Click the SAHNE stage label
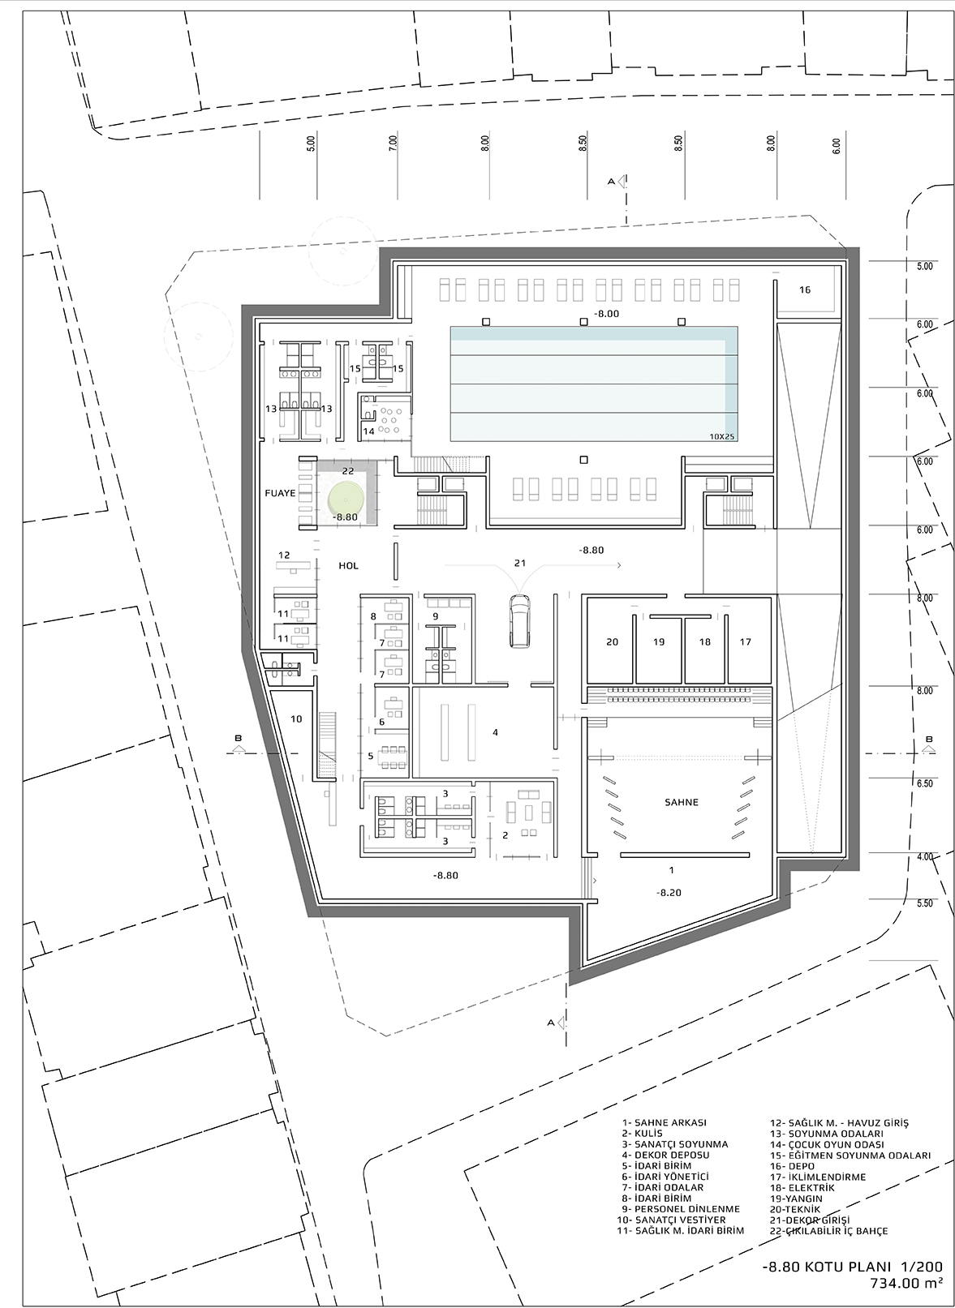(681, 802)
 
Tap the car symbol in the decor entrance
(519, 620)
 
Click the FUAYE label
(281, 493)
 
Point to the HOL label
(349, 566)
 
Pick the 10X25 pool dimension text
(722, 436)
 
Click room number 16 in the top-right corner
(805, 289)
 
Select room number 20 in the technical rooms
(612, 641)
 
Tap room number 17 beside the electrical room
(746, 641)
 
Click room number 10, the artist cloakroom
(296, 718)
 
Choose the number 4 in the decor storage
(495, 732)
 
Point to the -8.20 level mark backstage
(669, 893)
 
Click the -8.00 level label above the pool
(606, 314)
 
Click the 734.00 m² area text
(906, 1283)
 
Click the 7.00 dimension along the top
(393, 144)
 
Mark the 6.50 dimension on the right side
(925, 783)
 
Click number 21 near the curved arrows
(520, 563)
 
